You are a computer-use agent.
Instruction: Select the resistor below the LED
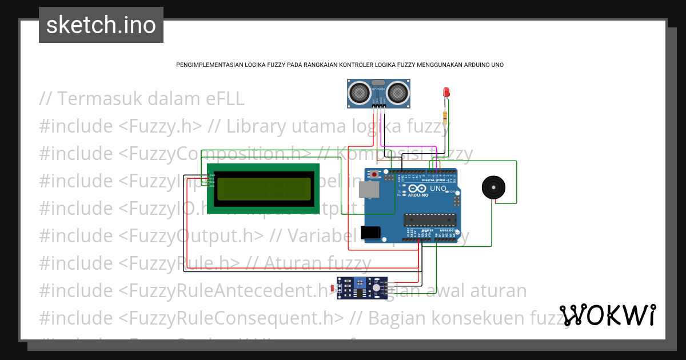pyautogui.click(x=445, y=117)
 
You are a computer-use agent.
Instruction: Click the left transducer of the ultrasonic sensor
pyautogui.click(x=360, y=91)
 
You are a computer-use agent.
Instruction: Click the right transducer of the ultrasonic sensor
pyautogui.click(x=398, y=91)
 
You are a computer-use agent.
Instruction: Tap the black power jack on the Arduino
pyautogui.click(x=371, y=231)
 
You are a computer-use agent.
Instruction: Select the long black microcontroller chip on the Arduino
pyautogui.click(x=430, y=219)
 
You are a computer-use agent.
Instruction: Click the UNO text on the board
pyautogui.click(x=438, y=189)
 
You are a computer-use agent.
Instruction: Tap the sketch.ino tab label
pyautogui.click(x=101, y=25)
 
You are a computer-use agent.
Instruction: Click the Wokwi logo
pyautogui.click(x=608, y=315)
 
